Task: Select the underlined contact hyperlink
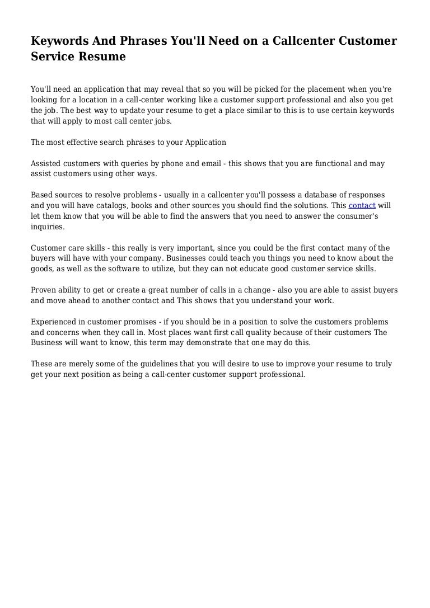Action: point(362,205)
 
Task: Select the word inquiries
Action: point(48,227)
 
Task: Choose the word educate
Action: point(254,269)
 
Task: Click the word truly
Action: point(382,364)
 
